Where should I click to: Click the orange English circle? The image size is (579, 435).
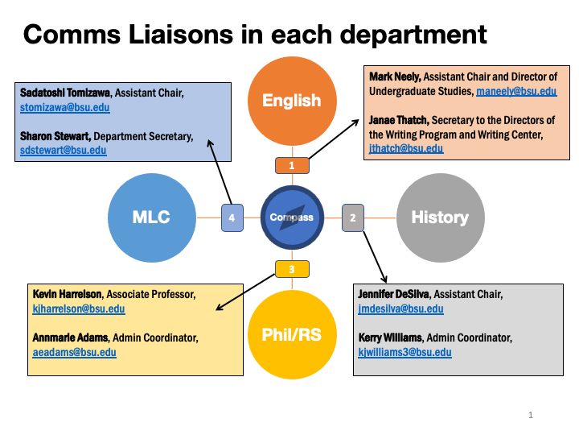pyautogui.click(x=292, y=101)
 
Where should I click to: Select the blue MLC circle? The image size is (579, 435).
pyautogui.click(x=152, y=217)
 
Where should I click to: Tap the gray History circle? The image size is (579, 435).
pyautogui.click(x=441, y=217)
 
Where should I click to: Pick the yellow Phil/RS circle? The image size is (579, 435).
pyautogui.click(x=292, y=334)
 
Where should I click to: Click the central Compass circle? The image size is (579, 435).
pyautogui.click(x=292, y=217)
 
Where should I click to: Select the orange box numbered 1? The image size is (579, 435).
pyautogui.click(x=292, y=165)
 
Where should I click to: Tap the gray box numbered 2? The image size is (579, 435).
pyautogui.click(x=353, y=217)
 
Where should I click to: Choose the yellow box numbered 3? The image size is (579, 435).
pyautogui.click(x=292, y=269)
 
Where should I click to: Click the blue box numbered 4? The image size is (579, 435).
pyautogui.click(x=232, y=217)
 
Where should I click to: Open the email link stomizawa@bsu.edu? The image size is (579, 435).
pyautogui.click(x=65, y=108)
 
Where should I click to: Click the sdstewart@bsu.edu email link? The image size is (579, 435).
pyautogui.click(x=64, y=151)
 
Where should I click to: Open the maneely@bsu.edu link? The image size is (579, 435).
pyautogui.click(x=516, y=91)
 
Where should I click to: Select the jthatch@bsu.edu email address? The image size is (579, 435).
pyautogui.click(x=406, y=149)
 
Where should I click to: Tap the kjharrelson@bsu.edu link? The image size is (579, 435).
pyautogui.click(x=79, y=309)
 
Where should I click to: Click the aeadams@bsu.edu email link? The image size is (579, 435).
pyautogui.click(x=75, y=353)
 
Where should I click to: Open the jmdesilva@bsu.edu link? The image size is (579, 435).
pyautogui.click(x=401, y=309)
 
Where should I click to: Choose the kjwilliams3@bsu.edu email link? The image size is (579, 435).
pyautogui.click(x=405, y=353)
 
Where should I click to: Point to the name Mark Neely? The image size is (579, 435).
pyautogui.click(x=395, y=77)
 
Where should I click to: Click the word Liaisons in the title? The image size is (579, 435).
pyautogui.click(x=181, y=35)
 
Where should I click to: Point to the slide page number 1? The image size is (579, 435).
pyautogui.click(x=531, y=415)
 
